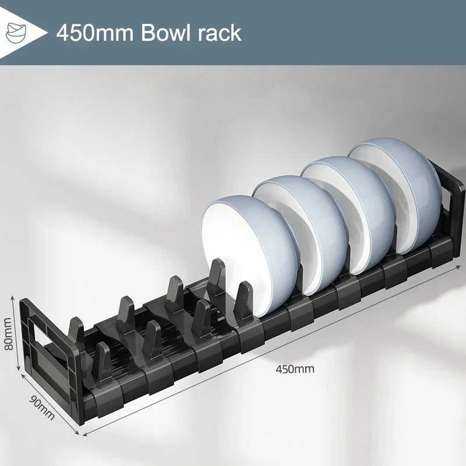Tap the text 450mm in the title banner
pyautogui.click(x=96, y=32)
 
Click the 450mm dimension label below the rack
pyautogui.click(x=295, y=369)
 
